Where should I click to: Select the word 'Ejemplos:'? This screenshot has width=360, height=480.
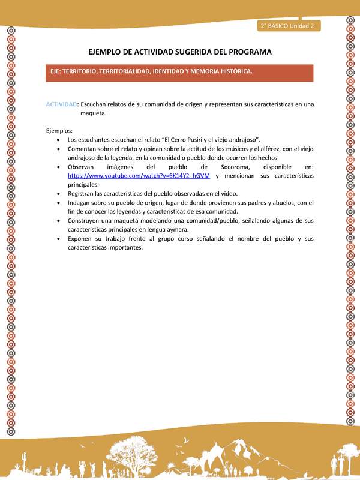pos(59,130)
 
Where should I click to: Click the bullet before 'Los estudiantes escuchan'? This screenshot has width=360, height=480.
pos(58,139)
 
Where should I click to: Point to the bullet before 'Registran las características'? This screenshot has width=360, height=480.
pos(58,194)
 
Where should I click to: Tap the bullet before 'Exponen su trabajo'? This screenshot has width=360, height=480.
pos(58,239)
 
